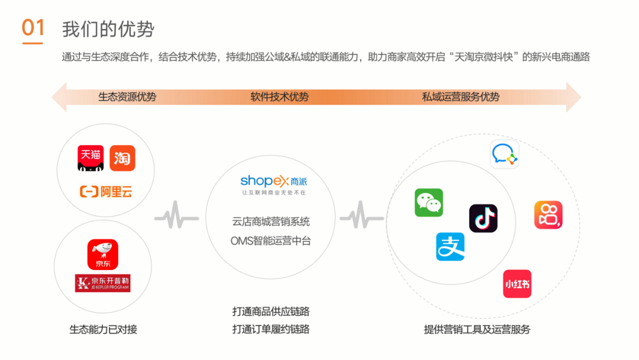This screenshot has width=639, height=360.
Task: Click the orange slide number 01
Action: pyautogui.click(x=33, y=28)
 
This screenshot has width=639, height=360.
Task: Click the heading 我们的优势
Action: pyautogui.click(x=108, y=29)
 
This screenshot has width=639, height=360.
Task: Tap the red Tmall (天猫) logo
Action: pyautogui.click(x=91, y=158)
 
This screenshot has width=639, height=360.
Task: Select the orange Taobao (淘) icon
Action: pyautogui.click(x=122, y=158)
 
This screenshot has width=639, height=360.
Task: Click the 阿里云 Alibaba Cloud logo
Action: pyautogui.click(x=106, y=191)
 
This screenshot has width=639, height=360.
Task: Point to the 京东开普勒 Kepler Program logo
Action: pyautogui.click(x=102, y=283)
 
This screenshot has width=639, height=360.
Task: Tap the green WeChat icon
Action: pyautogui.click(x=428, y=202)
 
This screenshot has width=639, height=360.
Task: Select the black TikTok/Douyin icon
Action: pyautogui.click(x=483, y=218)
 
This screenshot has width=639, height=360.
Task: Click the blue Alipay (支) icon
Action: pyautogui.click(x=450, y=246)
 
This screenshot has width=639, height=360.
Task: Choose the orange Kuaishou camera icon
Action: pyautogui.click(x=548, y=215)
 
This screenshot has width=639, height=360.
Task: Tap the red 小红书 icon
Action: pyautogui.click(x=517, y=284)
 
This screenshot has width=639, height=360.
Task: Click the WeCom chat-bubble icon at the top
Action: pyautogui.click(x=505, y=155)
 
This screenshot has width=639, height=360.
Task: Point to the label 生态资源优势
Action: pyautogui.click(x=127, y=97)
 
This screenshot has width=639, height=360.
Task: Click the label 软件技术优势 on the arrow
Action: pyautogui.click(x=279, y=97)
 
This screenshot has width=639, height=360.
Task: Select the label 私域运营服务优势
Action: pyautogui.click(x=460, y=97)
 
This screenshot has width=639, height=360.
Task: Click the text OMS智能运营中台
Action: pyautogui.click(x=270, y=241)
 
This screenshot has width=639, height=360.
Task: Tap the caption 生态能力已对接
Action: pyautogui.click(x=104, y=329)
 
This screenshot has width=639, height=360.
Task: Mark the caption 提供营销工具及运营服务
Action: pyautogui.click(x=477, y=329)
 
